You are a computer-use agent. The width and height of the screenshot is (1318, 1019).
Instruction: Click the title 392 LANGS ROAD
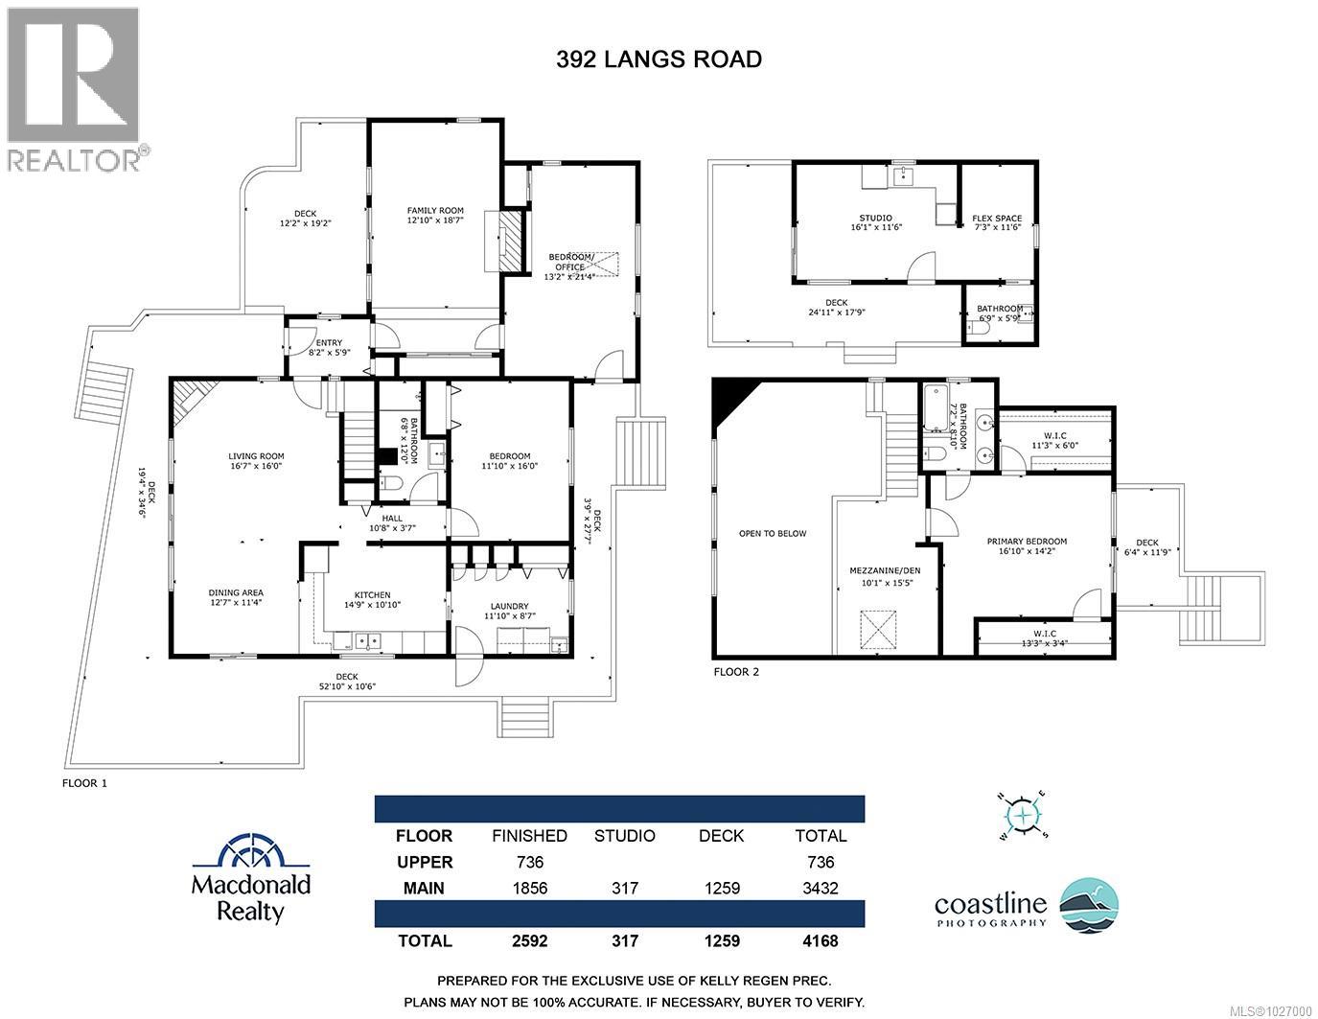pos(659,59)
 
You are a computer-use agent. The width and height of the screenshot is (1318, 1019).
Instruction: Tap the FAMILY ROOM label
pos(434,211)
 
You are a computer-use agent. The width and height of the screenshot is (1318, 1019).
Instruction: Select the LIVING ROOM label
pos(256,456)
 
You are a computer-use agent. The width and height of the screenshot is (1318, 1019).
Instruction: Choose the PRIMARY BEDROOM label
pos(1027,542)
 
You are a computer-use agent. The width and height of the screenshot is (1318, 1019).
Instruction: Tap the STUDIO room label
pos(875,218)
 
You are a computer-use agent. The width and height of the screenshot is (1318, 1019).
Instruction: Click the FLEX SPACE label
pos(997,219)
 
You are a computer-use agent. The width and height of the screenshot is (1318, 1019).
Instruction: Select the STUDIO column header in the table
pos(624,836)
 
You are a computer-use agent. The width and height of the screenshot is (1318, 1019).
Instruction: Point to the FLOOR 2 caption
pos(736,672)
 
